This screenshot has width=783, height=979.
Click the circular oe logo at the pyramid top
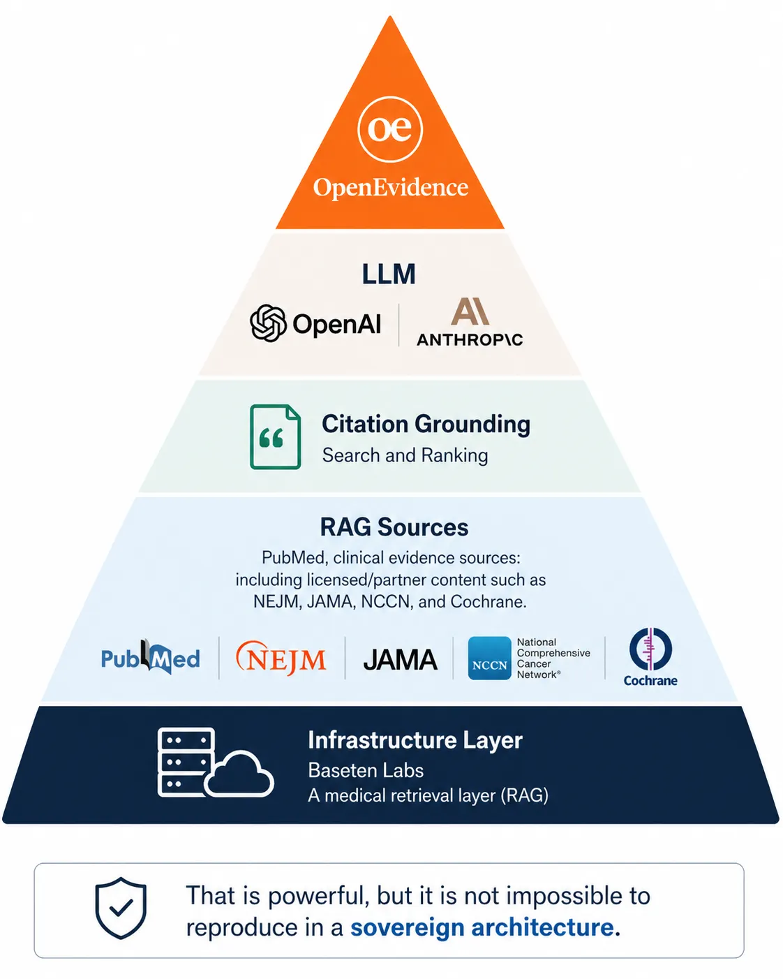tap(390, 129)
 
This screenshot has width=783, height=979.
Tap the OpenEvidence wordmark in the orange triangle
tap(391, 187)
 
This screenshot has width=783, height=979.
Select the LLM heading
tap(389, 274)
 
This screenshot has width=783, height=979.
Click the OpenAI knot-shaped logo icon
tap(268, 323)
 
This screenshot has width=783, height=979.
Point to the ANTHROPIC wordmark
tap(470, 339)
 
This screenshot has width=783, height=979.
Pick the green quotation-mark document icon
tap(276, 436)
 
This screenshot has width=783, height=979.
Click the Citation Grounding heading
tap(426, 424)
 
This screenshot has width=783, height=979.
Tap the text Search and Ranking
tap(405, 455)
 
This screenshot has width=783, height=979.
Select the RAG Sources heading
tap(394, 527)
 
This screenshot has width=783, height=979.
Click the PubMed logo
tap(151, 657)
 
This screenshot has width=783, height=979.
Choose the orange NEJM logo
tap(281, 658)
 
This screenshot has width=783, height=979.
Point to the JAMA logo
tap(400, 660)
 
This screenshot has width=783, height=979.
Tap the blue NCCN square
tap(490, 658)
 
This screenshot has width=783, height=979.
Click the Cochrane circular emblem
tap(650, 649)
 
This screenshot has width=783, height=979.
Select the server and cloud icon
tap(216, 763)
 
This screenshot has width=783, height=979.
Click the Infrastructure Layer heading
tap(415, 740)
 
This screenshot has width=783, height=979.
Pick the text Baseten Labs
tap(366, 770)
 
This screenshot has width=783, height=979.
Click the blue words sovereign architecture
tap(482, 927)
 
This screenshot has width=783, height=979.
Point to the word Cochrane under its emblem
tap(650, 681)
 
